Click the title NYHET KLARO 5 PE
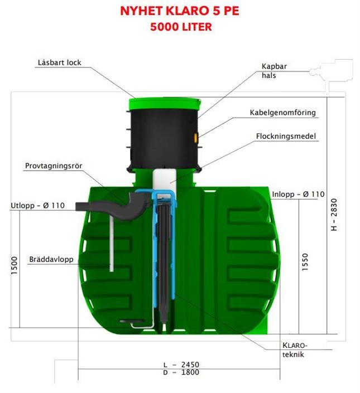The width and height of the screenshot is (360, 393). (x=180, y=11)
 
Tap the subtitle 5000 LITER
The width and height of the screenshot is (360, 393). (x=181, y=27)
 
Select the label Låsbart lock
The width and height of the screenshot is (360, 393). (x=60, y=62)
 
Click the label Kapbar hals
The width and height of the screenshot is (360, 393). (x=274, y=71)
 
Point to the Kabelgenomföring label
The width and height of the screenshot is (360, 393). (x=283, y=113)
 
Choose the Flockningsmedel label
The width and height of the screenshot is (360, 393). (x=286, y=136)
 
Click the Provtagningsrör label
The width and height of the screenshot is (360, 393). (x=54, y=166)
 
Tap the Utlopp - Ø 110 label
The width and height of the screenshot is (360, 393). (x=37, y=206)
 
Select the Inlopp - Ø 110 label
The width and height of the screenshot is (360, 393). (x=298, y=194)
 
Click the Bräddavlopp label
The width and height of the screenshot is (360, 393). (x=51, y=259)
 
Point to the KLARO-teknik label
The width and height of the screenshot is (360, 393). (x=295, y=350)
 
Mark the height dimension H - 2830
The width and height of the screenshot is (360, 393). (x=334, y=215)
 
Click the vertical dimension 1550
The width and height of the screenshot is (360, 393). (x=305, y=262)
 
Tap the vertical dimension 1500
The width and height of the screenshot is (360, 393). (x=15, y=265)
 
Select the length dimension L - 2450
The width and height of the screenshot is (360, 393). (x=181, y=365)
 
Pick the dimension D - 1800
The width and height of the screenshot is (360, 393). (x=181, y=372)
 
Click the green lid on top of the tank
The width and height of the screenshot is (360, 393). (x=165, y=104)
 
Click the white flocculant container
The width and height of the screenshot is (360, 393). (x=165, y=181)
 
